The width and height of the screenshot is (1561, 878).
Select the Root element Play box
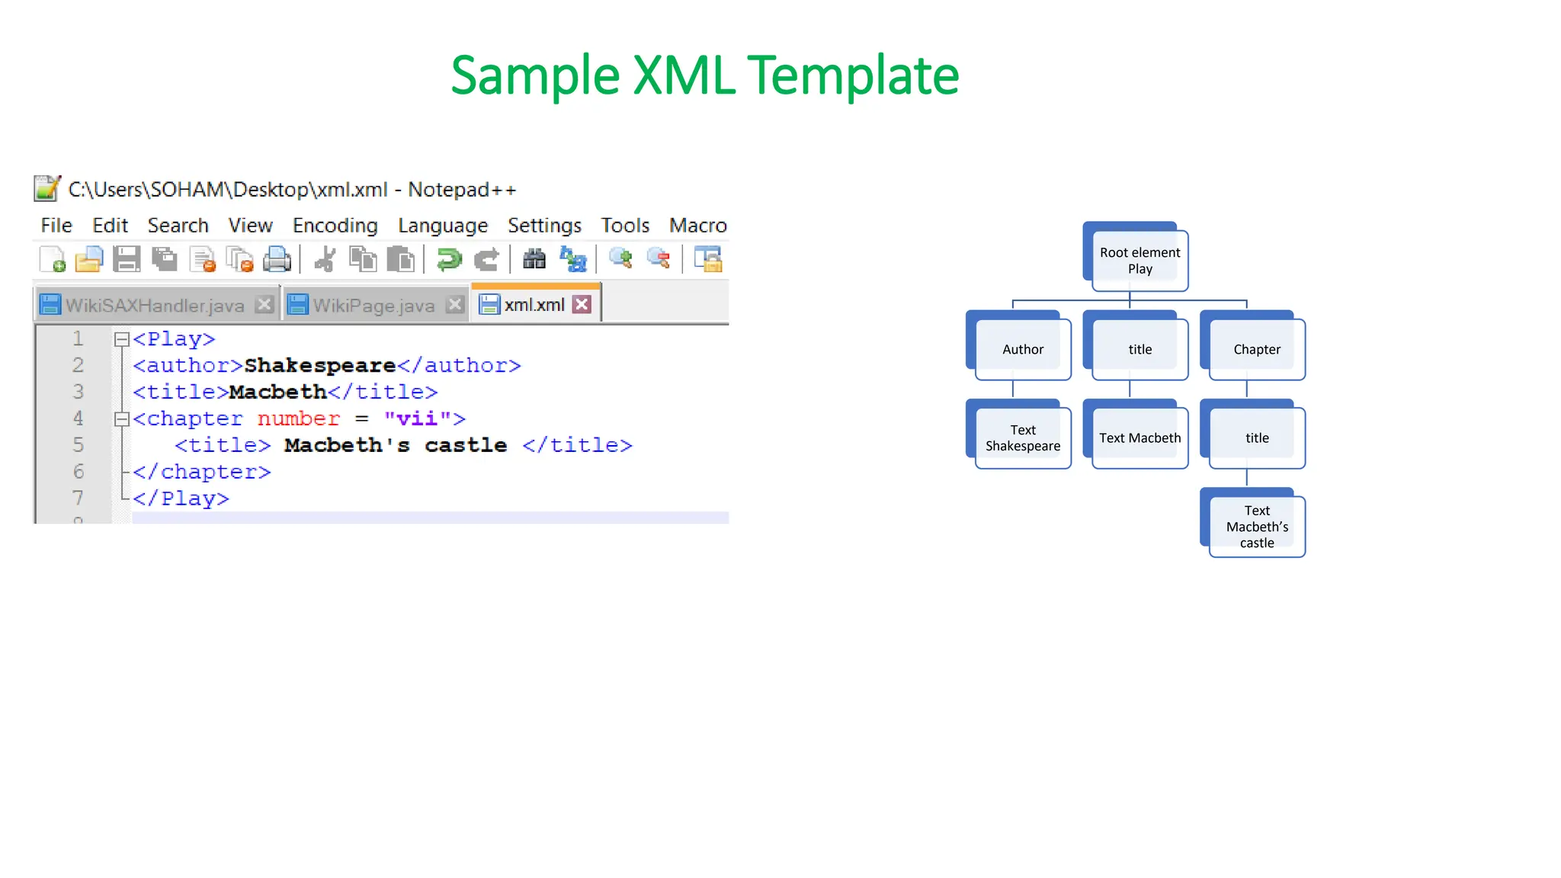point(1139,261)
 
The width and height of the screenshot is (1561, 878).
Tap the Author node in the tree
point(1022,349)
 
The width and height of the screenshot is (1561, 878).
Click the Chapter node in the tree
point(1256,349)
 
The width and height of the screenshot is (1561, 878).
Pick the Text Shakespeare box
point(1022,437)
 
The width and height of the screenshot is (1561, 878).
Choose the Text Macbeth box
point(1139,437)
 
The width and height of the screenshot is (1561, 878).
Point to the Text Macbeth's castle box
point(1256,527)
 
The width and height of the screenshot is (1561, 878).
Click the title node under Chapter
point(1256,437)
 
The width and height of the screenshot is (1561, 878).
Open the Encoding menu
point(335,226)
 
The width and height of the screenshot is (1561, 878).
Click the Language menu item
point(442,226)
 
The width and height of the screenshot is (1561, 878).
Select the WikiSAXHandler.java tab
point(154,306)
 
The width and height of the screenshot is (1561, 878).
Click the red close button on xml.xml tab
point(582,305)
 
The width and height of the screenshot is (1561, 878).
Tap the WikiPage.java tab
point(373,306)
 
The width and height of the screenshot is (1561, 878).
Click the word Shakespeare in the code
point(319,366)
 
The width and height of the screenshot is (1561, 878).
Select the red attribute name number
point(298,418)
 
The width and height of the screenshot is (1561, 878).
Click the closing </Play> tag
point(181,498)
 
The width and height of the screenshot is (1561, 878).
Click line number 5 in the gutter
point(78,445)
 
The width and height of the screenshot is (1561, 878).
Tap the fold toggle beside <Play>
point(121,339)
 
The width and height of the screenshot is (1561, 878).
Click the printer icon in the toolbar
point(277,260)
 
